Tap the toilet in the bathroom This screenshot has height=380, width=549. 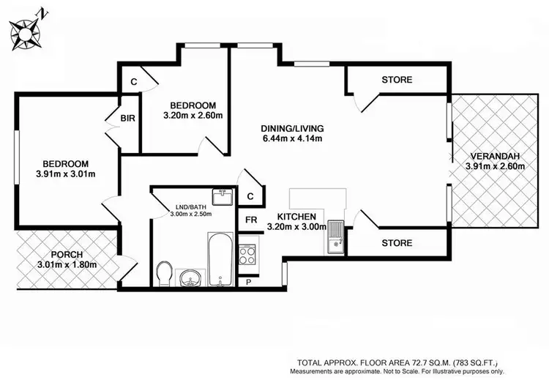point(165,274)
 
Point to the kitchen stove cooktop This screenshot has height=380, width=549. point(247,255)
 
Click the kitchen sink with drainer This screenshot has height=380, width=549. point(336,236)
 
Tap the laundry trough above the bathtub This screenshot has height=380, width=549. point(221,197)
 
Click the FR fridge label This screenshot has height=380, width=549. point(250,220)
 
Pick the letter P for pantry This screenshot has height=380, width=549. point(249,282)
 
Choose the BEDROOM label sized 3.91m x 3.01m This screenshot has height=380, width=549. point(65,163)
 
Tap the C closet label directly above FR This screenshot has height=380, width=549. point(250,196)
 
